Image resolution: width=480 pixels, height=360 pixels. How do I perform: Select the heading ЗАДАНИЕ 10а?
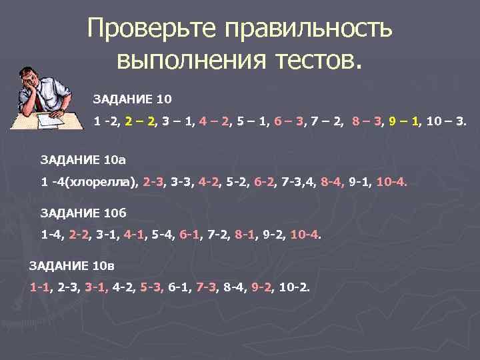point(83,160)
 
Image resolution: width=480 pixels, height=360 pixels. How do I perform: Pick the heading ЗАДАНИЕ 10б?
point(83,213)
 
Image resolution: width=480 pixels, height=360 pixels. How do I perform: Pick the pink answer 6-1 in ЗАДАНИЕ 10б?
point(191,235)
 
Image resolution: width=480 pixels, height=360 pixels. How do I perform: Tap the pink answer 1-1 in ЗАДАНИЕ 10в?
point(39,287)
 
